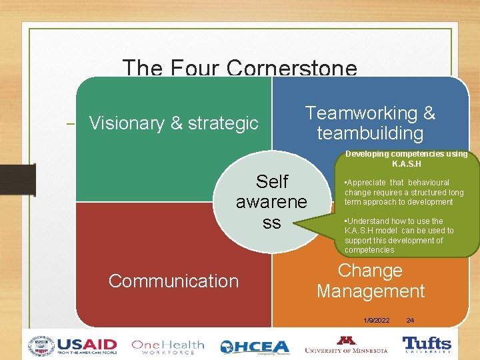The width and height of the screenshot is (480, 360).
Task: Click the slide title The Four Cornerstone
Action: tap(240, 68)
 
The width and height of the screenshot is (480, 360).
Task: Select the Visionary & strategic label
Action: tap(173, 123)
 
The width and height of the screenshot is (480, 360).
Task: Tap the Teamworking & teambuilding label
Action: tap(370, 123)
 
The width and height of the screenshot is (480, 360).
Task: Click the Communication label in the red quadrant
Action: tap(173, 281)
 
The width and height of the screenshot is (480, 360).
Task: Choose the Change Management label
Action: tap(370, 281)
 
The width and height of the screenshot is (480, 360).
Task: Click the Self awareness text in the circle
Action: tap(271, 201)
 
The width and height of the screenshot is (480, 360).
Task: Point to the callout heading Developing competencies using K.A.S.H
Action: tap(406, 159)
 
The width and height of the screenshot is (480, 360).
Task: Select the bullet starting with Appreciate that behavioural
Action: tap(403, 192)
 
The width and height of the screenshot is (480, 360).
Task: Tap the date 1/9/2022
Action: tap(377, 321)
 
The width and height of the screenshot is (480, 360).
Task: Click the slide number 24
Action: tap(410, 321)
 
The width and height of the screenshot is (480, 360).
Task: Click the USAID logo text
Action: tap(87, 345)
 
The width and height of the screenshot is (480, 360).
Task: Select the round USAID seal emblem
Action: tap(41, 346)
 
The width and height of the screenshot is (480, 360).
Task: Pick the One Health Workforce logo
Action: tap(168, 346)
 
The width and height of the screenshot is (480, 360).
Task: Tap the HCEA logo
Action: tap(255, 347)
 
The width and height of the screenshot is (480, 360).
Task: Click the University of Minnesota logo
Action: tap(345, 345)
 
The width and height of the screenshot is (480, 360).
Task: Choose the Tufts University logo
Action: tap(427, 345)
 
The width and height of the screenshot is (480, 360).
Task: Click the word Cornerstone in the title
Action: tap(292, 68)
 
